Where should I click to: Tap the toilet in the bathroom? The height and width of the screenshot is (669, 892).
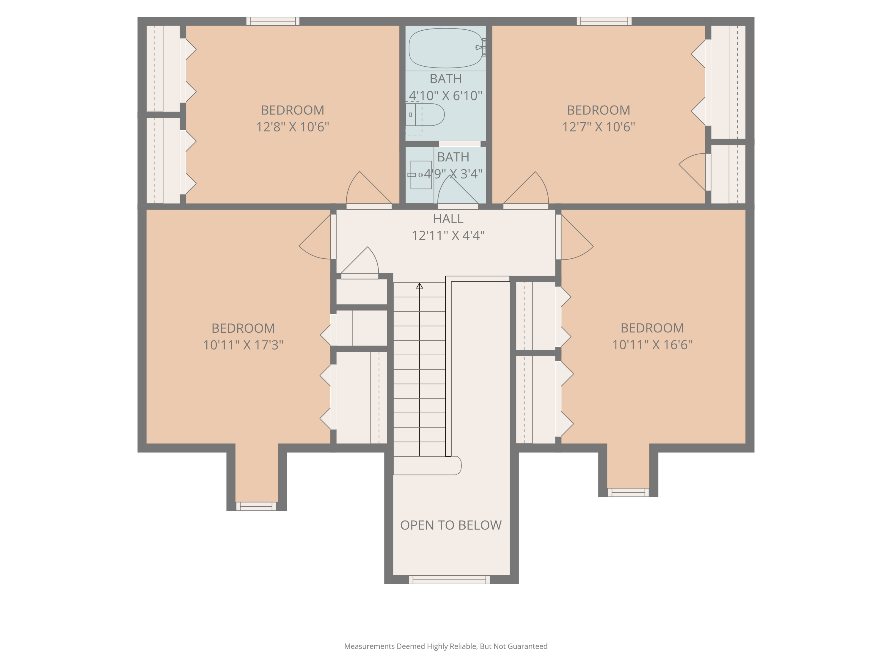point(425,114)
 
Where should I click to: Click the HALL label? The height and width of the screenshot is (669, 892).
point(448,219)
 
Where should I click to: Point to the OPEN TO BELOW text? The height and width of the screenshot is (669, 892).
point(451,525)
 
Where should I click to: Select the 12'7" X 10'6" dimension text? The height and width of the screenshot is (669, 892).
point(599,127)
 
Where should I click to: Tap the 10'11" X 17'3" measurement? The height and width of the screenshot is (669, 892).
point(243,345)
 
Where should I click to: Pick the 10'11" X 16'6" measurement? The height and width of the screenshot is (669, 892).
point(652,345)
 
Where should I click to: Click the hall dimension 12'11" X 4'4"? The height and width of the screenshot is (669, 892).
point(448,235)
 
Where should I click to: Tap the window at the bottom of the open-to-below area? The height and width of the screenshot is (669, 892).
point(449,580)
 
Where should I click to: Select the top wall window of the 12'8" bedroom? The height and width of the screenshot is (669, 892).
point(273,21)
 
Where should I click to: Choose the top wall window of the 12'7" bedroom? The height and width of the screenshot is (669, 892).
point(604,21)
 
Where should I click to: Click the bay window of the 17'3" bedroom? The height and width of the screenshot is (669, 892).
point(256,506)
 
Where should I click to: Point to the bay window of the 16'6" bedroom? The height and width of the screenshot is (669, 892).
point(628,492)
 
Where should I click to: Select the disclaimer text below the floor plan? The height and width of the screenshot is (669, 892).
point(446,646)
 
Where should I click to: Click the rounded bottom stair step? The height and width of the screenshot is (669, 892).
point(427,465)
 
